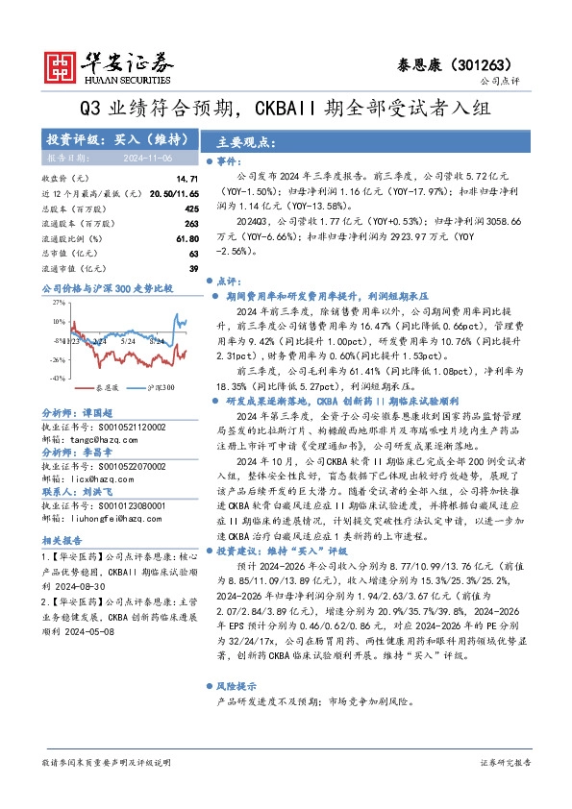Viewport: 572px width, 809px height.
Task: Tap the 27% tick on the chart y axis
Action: coord(57,302)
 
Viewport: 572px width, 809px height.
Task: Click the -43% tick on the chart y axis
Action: coord(57,380)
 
